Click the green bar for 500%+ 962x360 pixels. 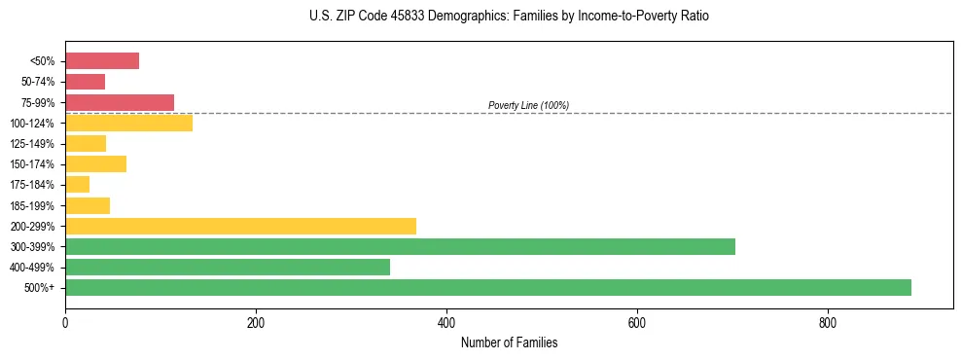(x=487, y=287)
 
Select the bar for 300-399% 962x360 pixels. (x=400, y=246)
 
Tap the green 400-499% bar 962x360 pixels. (x=228, y=267)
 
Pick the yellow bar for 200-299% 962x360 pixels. (x=240, y=226)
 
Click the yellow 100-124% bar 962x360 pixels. (x=128, y=123)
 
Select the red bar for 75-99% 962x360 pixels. (x=120, y=102)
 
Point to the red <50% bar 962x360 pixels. (x=102, y=61)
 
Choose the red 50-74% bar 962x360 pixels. (x=85, y=82)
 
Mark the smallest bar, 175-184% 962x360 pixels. (x=77, y=184)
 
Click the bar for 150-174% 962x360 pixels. (x=95, y=163)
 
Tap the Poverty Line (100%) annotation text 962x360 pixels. (x=528, y=105)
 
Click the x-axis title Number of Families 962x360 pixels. (x=509, y=342)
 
